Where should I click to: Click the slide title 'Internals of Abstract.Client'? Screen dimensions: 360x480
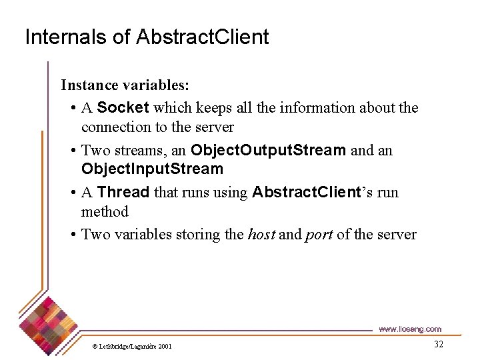147,37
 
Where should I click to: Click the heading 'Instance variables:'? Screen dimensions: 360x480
125,85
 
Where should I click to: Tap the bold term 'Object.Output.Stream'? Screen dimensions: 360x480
268,150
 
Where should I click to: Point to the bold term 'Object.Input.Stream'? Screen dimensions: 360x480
152,169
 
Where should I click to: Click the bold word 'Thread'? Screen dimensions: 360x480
123,193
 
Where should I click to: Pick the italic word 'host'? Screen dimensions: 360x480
261,235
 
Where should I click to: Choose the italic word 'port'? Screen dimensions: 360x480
319,235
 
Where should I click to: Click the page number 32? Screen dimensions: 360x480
438,344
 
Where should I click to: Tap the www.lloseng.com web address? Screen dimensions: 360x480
409,329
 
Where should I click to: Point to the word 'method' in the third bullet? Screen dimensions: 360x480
105,212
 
